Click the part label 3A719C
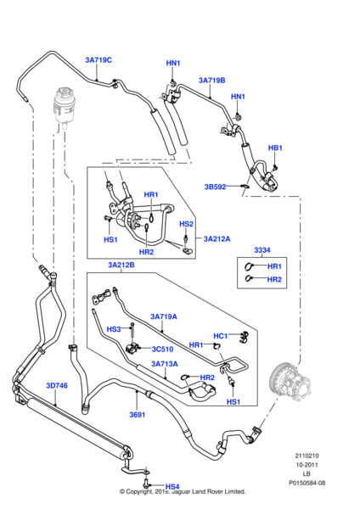pyautogui.click(x=98, y=60)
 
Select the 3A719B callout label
pyautogui.click(x=211, y=81)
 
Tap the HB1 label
pyautogui.click(x=274, y=148)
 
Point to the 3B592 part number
pyautogui.click(x=216, y=187)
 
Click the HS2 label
pyautogui.click(x=187, y=223)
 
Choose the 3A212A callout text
pyautogui.click(x=218, y=240)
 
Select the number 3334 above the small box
pyautogui.click(x=263, y=250)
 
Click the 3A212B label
pyautogui.click(x=121, y=266)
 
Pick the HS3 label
pyautogui.click(x=113, y=329)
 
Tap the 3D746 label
pyautogui.click(x=55, y=386)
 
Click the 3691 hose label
pyautogui.click(x=138, y=415)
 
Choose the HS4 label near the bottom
pyautogui.click(x=172, y=486)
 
